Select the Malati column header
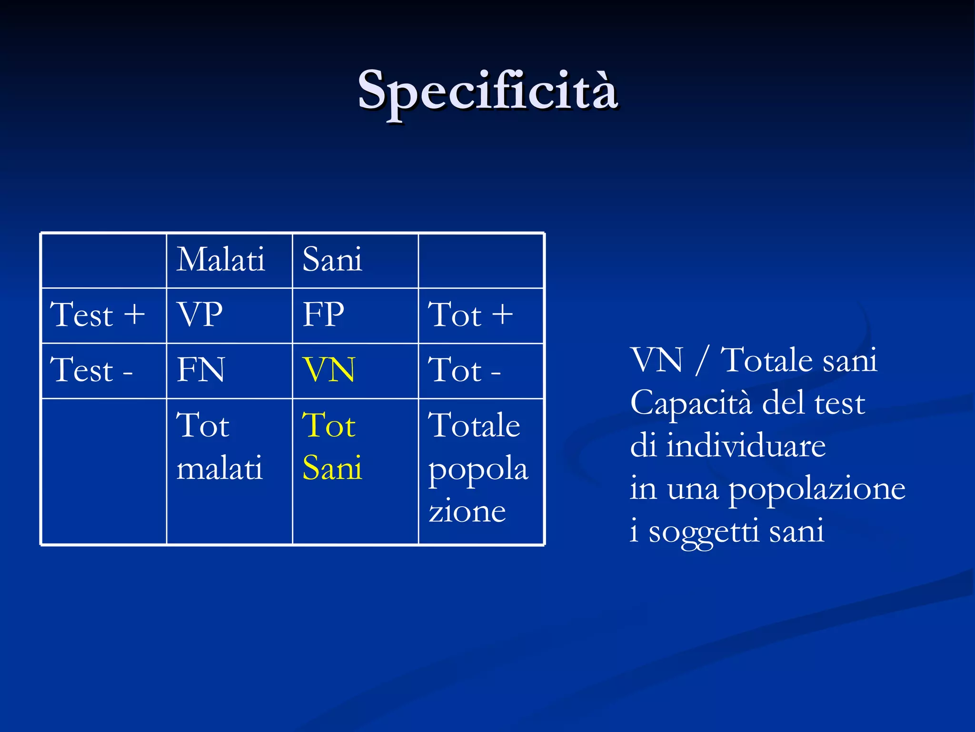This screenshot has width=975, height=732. tap(220, 260)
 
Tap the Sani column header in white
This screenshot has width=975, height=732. tap(332, 260)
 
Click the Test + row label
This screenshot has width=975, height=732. tap(98, 315)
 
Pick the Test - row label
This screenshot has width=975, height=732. tap(91, 370)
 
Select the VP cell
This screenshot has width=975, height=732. tap(199, 315)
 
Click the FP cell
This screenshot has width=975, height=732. tap(324, 315)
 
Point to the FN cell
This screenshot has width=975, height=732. tap(200, 370)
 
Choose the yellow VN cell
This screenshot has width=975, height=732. tap(329, 370)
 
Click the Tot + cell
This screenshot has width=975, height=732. tap(470, 315)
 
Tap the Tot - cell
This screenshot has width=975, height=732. tap(464, 370)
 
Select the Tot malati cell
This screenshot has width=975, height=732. tap(219, 446)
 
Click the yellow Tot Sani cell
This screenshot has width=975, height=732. tap(332, 446)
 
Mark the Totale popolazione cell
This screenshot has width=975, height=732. tap(478, 467)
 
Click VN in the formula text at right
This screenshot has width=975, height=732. tap(657, 360)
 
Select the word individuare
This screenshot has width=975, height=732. tap(746, 446)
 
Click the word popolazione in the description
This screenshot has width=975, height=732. tap(817, 490)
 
